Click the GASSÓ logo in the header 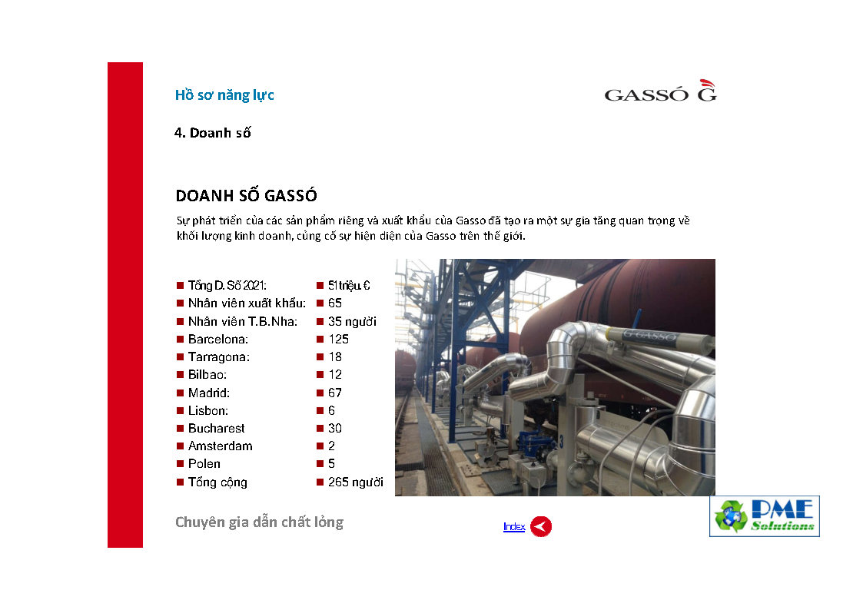click(660, 91)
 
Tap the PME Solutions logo click(765, 516)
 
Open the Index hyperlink click(514, 527)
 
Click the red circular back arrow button click(541, 526)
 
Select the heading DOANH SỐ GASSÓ click(246, 195)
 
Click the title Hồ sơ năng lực click(224, 95)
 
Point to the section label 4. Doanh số click(212, 133)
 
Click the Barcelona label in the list click(218, 340)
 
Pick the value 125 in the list click(338, 340)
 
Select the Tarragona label click(218, 357)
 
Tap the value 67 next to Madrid click(334, 393)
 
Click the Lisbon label click(208, 410)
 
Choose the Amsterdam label click(220, 446)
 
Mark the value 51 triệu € click(349, 286)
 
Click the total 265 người click(356, 482)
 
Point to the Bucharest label click(216, 429)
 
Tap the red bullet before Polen click(180, 464)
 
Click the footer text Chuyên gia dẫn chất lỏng click(259, 522)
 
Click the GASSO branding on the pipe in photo click(650, 335)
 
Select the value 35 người click(352, 321)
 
